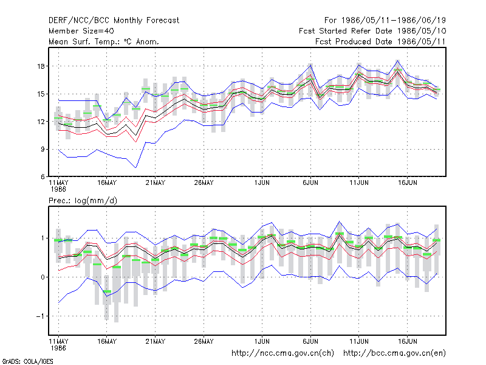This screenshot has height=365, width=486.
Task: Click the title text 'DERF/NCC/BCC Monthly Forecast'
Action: click(x=114, y=21)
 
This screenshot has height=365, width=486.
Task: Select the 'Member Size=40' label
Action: click(x=81, y=31)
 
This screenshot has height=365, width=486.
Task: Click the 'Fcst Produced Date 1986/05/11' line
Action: click(x=380, y=41)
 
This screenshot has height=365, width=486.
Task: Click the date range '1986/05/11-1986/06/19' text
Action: click(x=393, y=21)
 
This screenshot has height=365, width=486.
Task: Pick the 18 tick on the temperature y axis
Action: click(x=41, y=66)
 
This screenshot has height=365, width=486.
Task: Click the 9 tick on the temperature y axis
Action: click(x=43, y=149)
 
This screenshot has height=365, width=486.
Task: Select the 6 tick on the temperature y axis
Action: click(x=43, y=176)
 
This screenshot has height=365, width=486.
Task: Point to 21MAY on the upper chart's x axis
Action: click(x=156, y=183)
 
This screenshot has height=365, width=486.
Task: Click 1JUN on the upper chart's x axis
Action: click(x=262, y=183)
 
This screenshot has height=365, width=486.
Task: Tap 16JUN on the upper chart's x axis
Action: click(x=408, y=183)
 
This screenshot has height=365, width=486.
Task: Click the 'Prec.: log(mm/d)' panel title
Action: click(x=83, y=201)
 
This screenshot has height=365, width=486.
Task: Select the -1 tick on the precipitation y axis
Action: click(x=40, y=316)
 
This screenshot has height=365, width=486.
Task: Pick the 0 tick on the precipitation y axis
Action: click(x=43, y=277)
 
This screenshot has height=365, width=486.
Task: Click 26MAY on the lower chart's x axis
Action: click(x=204, y=341)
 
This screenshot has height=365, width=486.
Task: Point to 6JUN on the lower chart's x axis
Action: click(x=310, y=341)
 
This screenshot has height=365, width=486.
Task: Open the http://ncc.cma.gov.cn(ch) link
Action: click(x=282, y=353)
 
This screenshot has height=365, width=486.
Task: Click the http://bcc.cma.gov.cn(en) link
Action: click(x=394, y=353)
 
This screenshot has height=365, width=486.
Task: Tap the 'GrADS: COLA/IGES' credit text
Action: click(x=28, y=361)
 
